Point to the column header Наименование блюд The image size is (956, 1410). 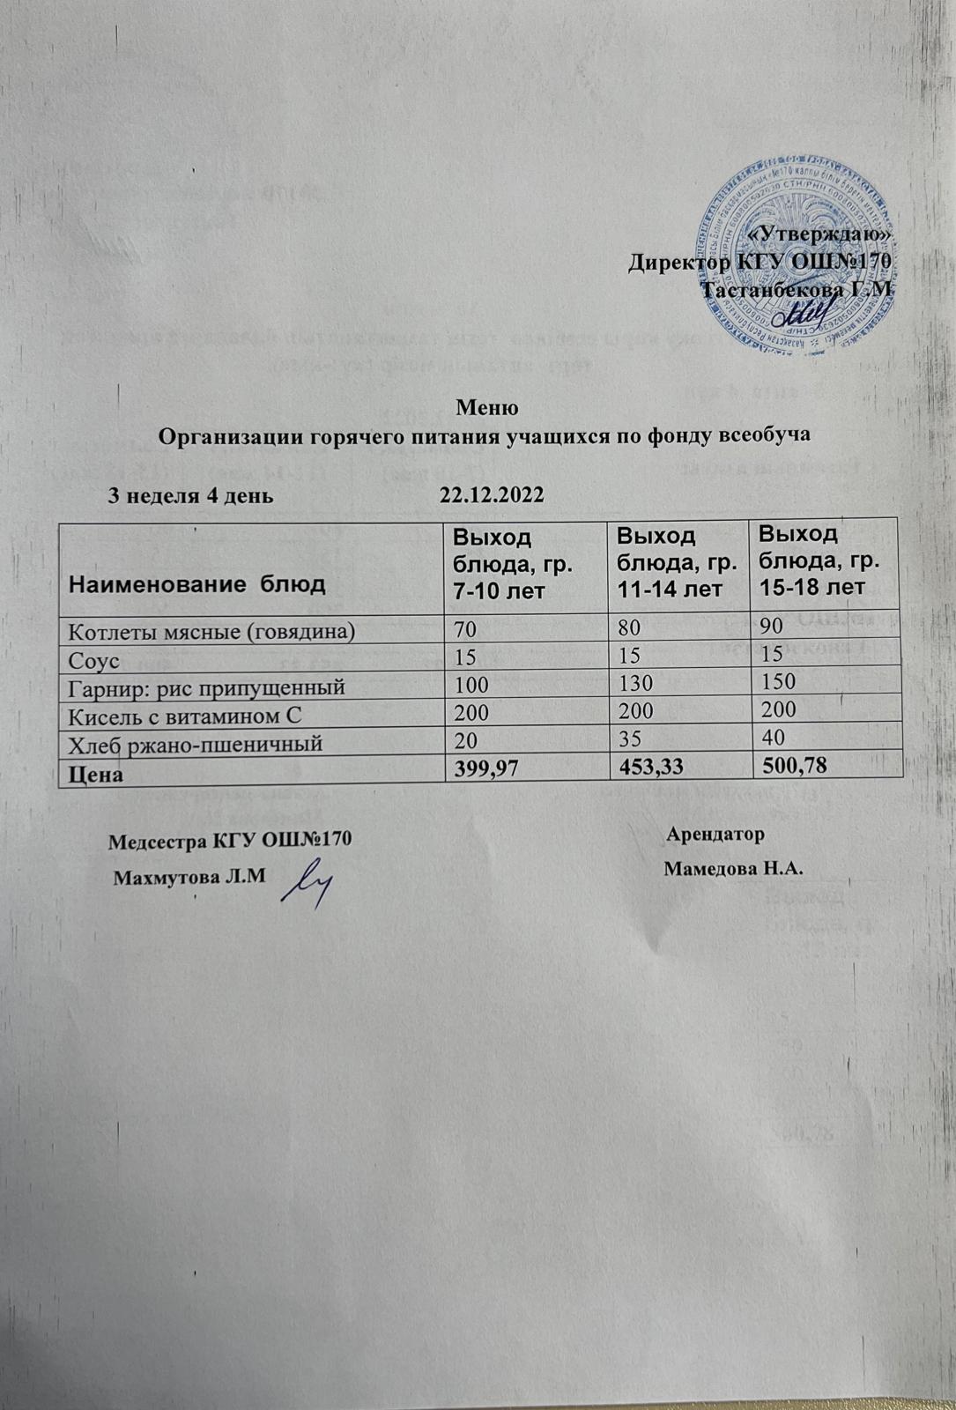pyautogui.click(x=198, y=583)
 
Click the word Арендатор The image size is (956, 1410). pyautogui.click(x=715, y=833)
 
